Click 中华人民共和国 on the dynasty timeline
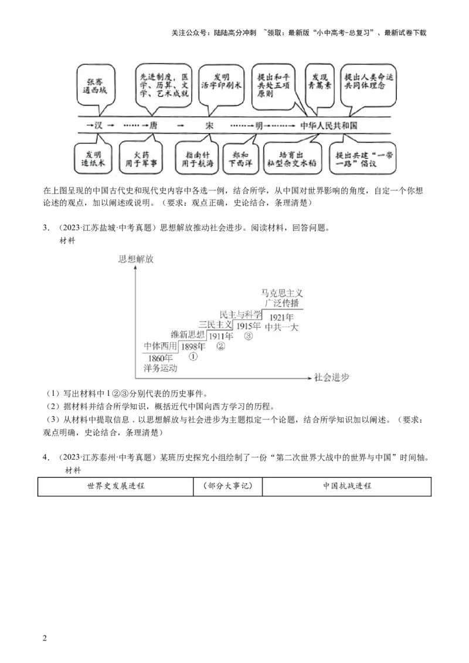point(328,126)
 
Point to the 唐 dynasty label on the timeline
point(153,126)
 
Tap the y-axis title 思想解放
point(135,259)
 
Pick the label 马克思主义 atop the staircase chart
point(282,292)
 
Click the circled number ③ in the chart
point(248,336)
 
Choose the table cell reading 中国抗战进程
point(347,486)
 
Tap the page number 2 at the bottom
point(45,637)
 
